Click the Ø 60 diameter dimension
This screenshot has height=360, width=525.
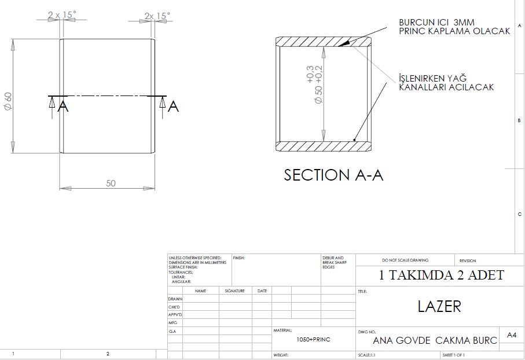coord(8,101)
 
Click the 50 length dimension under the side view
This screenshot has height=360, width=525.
coord(111,183)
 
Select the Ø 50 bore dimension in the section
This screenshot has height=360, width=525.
coord(318,95)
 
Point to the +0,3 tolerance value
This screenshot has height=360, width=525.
coord(310,74)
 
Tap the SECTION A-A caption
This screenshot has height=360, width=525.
coord(333,175)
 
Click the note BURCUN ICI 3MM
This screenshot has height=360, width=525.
coord(436,23)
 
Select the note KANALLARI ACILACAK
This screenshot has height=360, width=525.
coord(446,87)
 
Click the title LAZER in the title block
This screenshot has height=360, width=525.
coord(439,306)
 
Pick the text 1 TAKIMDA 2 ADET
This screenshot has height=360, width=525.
coord(441,275)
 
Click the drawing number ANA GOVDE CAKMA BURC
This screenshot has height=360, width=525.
coord(435,340)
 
